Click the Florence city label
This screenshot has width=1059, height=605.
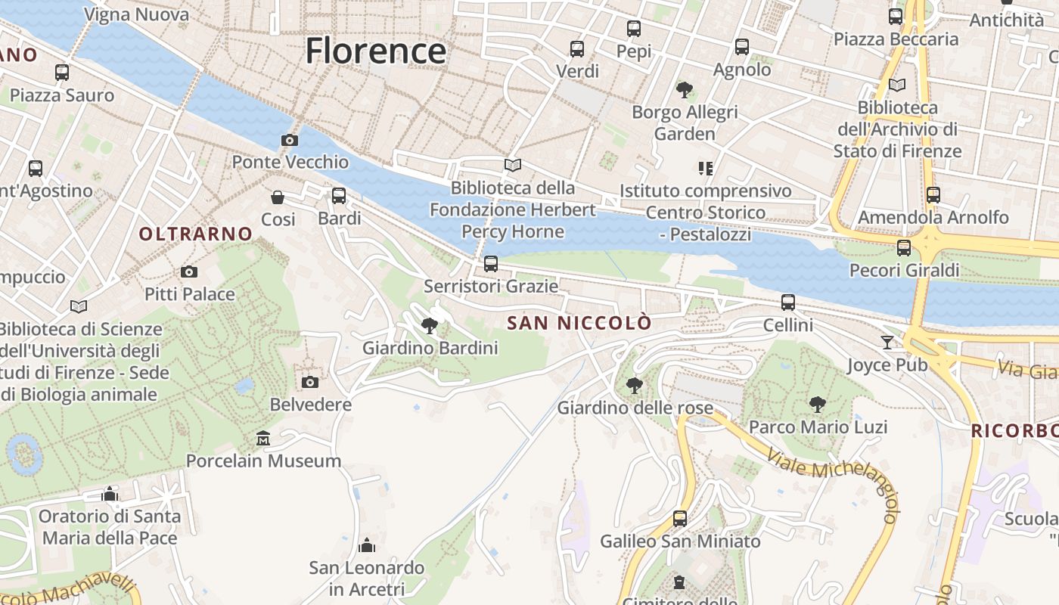375,51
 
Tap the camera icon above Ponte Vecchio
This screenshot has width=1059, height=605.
289,140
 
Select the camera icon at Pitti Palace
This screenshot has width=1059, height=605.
189,271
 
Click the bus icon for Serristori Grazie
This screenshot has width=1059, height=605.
491,264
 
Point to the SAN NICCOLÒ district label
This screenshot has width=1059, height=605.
579,323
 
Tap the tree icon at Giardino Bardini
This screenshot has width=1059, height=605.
430,326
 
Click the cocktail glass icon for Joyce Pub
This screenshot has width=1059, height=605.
887,343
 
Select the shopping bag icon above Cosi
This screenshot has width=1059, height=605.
278,197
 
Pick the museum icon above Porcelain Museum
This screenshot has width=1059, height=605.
263,438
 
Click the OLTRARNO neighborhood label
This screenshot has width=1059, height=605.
195,234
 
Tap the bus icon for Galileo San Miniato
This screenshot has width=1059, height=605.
680,519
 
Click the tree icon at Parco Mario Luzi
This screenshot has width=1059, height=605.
817,404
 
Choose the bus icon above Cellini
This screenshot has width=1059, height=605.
788,302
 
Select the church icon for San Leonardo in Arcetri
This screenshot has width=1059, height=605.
367,545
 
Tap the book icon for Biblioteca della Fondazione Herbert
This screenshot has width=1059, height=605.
513,165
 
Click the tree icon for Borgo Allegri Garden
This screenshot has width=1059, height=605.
685,90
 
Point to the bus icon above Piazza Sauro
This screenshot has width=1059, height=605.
62,73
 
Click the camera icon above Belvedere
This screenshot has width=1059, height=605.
309,382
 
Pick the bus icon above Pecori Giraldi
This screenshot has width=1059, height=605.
904,248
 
